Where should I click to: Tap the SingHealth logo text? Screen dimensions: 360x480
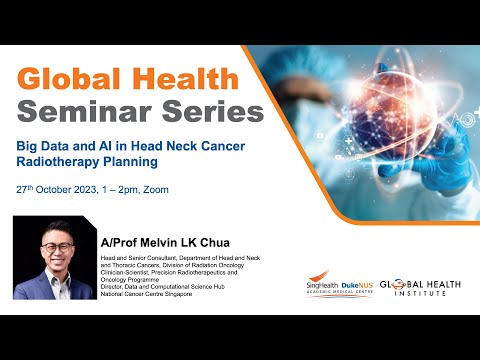[326, 284]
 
